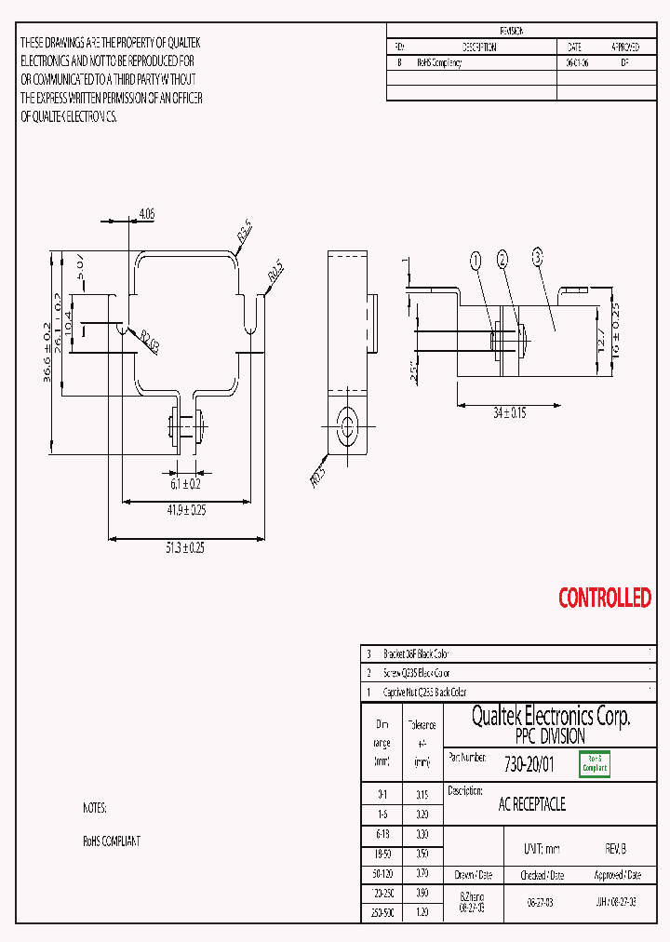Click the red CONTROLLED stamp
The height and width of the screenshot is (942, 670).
click(x=605, y=598)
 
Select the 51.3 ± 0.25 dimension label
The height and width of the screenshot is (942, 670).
click(x=185, y=548)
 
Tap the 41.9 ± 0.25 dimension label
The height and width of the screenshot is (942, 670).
click(x=186, y=510)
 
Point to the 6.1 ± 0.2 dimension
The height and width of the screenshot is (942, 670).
click(x=185, y=484)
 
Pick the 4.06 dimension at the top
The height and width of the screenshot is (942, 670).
click(x=146, y=214)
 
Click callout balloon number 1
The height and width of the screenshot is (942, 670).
click(x=476, y=262)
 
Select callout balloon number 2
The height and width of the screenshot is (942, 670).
click(x=503, y=260)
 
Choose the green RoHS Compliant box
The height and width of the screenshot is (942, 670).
click(x=595, y=764)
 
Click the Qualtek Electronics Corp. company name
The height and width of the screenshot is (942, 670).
click(x=550, y=717)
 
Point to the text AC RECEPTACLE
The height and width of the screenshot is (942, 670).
click(x=532, y=804)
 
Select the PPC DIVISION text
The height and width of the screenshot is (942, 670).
click(x=550, y=735)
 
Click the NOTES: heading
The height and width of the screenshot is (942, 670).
click(x=94, y=808)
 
